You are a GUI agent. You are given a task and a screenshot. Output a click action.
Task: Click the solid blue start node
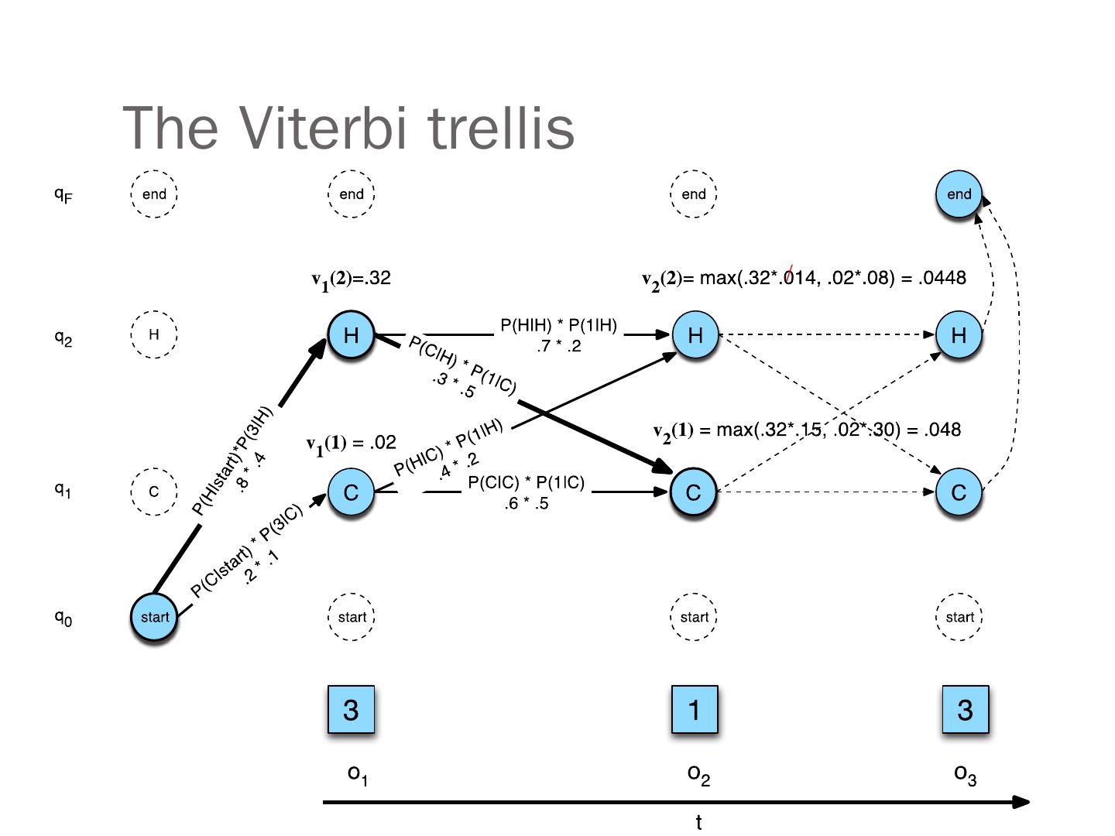coord(154,617)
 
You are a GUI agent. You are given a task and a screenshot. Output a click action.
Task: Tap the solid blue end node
coord(959,194)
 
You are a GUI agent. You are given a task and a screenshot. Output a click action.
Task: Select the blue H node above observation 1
coord(351,335)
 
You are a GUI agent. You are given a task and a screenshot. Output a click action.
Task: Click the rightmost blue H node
coord(959,335)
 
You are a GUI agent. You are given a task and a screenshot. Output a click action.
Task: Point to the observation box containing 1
coord(694,709)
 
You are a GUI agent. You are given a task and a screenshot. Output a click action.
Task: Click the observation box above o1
coord(351,709)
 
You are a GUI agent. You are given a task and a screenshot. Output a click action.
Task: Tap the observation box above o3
coord(965,709)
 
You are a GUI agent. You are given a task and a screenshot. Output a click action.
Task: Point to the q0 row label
coord(63,618)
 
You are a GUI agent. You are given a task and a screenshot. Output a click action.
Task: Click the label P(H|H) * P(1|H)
coord(558,326)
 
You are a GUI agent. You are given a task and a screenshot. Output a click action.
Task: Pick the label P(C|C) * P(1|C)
coord(526,483)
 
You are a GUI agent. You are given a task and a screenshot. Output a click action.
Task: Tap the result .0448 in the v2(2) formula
coord(942,278)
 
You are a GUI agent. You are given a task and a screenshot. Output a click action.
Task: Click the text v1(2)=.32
coord(351,279)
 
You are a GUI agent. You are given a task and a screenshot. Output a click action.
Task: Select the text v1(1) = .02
coord(351,444)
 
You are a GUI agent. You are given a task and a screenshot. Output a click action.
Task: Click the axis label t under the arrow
coord(698,823)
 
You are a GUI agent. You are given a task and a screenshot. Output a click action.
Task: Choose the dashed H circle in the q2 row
coord(154,334)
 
